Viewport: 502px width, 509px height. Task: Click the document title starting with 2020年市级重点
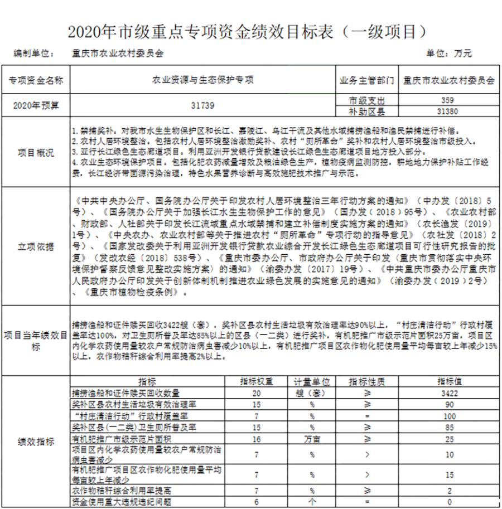(247, 31)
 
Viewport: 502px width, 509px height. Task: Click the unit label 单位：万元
(449, 54)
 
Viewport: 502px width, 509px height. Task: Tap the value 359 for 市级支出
(448, 100)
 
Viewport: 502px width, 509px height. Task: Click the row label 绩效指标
(36, 442)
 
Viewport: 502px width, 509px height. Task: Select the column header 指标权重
(257, 382)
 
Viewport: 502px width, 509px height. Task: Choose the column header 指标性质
(366, 382)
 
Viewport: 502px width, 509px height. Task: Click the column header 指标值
(448, 382)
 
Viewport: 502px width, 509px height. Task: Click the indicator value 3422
(448, 393)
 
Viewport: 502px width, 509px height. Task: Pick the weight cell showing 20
(257, 393)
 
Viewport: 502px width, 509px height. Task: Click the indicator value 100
(448, 416)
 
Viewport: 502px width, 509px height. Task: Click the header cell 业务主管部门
(366, 80)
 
